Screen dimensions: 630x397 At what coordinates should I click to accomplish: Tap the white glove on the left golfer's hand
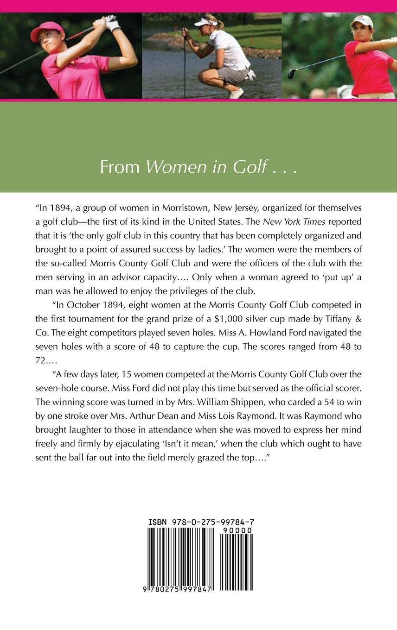pos(112,22)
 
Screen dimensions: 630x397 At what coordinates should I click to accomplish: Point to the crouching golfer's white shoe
pos(237,93)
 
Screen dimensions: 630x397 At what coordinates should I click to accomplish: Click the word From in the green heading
pos(120,167)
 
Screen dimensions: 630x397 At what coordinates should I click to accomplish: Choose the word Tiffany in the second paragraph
pos(334,319)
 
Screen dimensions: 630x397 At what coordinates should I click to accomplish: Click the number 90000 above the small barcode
pos(237,530)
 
